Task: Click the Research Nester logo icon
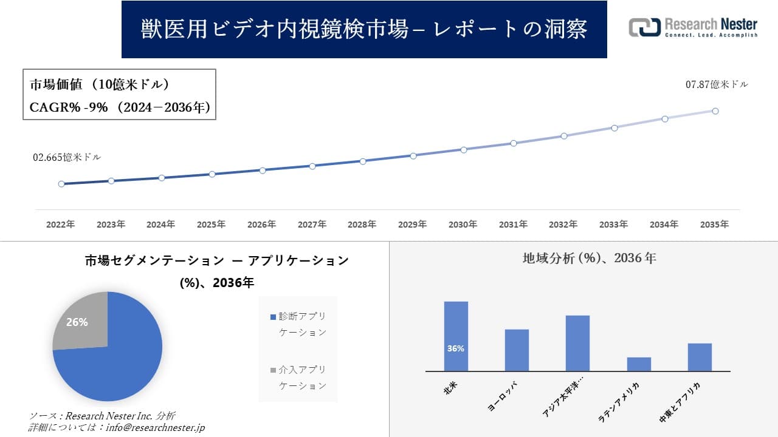pos(644,27)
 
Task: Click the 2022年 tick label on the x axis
pos(61,225)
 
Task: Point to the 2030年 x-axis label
pos(463,225)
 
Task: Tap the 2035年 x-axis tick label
pos(714,225)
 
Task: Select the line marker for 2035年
pos(715,111)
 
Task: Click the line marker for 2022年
pos(61,184)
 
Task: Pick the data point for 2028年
pos(363,161)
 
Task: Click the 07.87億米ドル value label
pos(717,85)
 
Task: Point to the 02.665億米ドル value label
pos(67,157)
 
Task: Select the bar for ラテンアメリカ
pos(639,364)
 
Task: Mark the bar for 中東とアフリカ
pos(700,357)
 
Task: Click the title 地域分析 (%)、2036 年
pos(589,258)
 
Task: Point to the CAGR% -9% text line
pos(120,107)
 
